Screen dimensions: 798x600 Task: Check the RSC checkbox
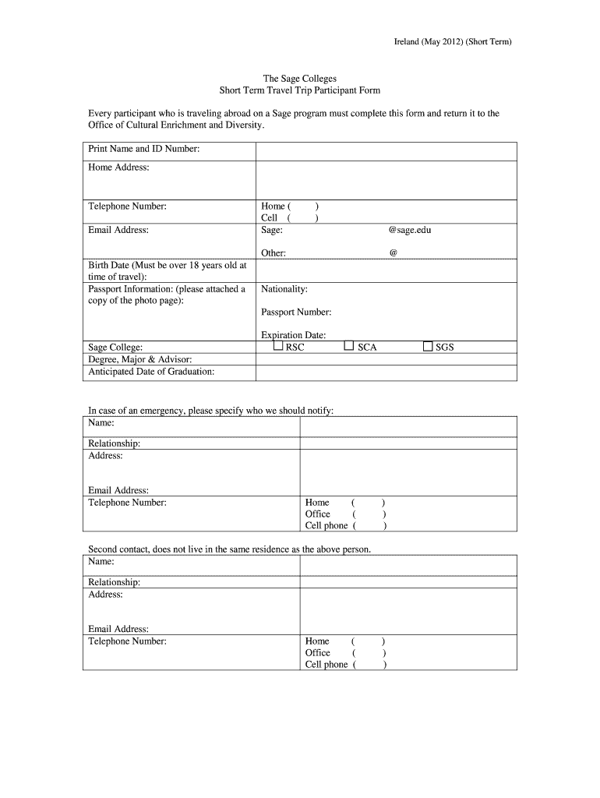pyautogui.click(x=278, y=346)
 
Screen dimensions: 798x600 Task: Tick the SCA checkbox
pyautogui.click(x=349, y=346)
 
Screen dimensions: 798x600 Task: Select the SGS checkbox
pyautogui.click(x=427, y=346)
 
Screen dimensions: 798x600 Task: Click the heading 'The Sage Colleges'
pyautogui.click(x=299, y=79)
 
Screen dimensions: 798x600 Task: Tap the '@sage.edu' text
pyautogui.click(x=409, y=230)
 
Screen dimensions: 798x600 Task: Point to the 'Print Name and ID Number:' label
pyautogui.click(x=144, y=149)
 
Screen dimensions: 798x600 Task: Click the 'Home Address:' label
pyautogui.click(x=118, y=168)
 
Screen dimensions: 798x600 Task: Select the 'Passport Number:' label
pyautogui.click(x=296, y=312)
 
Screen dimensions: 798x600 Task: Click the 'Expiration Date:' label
pyautogui.click(x=293, y=335)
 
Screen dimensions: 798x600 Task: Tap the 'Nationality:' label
pyautogui.click(x=284, y=289)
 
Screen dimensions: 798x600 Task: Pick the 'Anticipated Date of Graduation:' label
pyautogui.click(x=151, y=372)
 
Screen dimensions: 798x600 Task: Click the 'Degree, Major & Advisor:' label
pyautogui.click(x=140, y=359)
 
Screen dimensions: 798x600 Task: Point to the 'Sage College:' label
pyautogui.click(x=115, y=348)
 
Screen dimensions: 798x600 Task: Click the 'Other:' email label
pyautogui.click(x=274, y=253)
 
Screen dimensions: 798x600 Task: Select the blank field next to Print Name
pyautogui.click(x=386, y=150)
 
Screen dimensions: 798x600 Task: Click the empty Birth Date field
pyautogui.click(x=386, y=270)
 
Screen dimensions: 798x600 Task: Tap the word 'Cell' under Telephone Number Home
pyautogui.click(x=269, y=218)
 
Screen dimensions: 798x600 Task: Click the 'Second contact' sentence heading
pyautogui.click(x=229, y=549)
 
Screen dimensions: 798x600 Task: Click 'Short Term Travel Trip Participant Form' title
pyautogui.click(x=299, y=91)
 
